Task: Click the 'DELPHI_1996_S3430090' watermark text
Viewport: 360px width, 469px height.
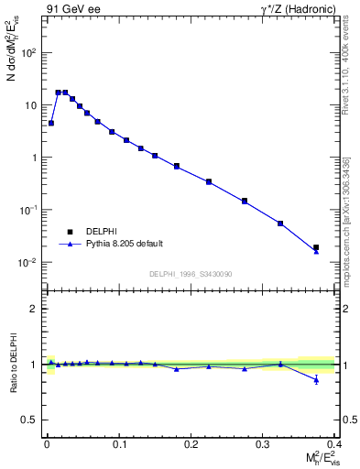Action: click(190, 274)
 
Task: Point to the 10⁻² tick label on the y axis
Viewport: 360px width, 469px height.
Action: click(27, 263)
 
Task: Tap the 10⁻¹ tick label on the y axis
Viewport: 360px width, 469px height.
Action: click(27, 210)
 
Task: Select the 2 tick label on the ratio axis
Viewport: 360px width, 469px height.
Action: click(34, 309)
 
